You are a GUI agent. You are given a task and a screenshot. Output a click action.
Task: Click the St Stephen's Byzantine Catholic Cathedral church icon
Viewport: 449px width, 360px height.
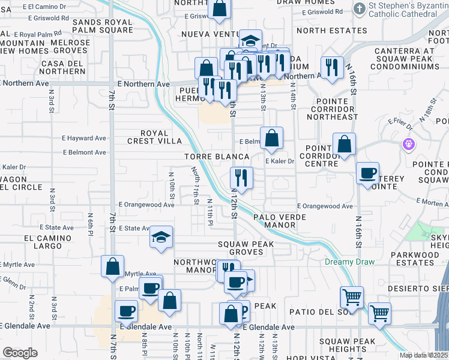tap(360, 8)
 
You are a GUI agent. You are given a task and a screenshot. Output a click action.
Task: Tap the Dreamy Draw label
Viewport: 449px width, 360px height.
tap(349, 262)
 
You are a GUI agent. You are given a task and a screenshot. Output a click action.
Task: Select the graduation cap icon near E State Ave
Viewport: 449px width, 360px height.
tap(161, 238)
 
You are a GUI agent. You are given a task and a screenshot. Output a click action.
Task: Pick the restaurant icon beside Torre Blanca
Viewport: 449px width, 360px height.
tap(241, 178)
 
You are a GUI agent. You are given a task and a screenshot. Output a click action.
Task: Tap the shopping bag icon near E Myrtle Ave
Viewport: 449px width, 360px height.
tap(112, 266)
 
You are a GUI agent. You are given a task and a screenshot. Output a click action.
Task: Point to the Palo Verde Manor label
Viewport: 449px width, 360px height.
tap(275, 220)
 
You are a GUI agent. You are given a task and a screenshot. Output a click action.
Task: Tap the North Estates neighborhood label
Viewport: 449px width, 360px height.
tap(331, 31)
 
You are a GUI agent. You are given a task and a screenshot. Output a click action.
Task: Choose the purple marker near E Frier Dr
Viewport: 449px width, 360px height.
tap(409, 145)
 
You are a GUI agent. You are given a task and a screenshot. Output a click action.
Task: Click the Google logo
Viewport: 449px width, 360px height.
tap(20, 353)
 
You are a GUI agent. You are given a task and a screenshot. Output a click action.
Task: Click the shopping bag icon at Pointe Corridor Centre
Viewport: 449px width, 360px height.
tap(344, 145)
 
